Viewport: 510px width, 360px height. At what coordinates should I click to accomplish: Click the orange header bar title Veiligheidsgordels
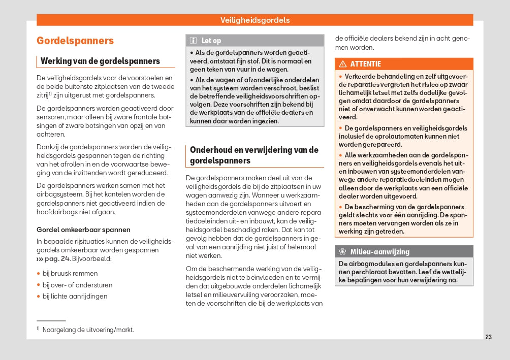[255, 20]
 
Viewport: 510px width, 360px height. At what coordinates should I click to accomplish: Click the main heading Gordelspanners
[75, 41]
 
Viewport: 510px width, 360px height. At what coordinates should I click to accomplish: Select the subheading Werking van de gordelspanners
[107, 61]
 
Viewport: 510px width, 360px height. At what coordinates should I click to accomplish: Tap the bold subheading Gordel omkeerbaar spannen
[83, 230]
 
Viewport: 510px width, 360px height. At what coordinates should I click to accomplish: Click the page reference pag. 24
[56, 259]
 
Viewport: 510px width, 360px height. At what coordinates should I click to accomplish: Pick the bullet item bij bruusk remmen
[70, 274]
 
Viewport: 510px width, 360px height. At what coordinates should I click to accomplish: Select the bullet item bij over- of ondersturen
[77, 285]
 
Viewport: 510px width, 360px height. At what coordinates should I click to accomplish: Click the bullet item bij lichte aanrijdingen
[75, 297]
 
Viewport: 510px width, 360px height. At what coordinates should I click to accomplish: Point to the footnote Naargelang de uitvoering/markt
[88, 330]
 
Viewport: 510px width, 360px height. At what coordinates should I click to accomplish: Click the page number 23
[489, 337]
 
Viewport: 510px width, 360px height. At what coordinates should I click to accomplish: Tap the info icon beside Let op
[194, 41]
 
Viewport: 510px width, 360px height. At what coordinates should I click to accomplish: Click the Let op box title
[211, 41]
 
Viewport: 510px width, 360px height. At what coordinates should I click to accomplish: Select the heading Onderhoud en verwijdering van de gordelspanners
[254, 155]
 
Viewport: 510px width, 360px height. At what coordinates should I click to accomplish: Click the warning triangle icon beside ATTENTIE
[343, 64]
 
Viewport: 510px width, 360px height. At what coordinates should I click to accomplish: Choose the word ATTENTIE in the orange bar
[366, 64]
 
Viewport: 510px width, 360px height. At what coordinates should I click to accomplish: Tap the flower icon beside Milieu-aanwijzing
[342, 252]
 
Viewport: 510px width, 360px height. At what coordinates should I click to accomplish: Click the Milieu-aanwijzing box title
[379, 252]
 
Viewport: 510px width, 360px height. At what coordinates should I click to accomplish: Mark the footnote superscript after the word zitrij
[50, 93]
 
